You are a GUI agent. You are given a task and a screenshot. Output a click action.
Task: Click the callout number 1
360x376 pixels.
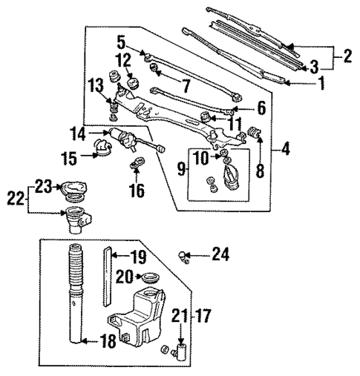(321, 84)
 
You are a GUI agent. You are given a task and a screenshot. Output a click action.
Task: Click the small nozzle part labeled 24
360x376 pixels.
(183, 256)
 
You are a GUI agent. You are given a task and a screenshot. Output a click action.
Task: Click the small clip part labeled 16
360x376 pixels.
(136, 164)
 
